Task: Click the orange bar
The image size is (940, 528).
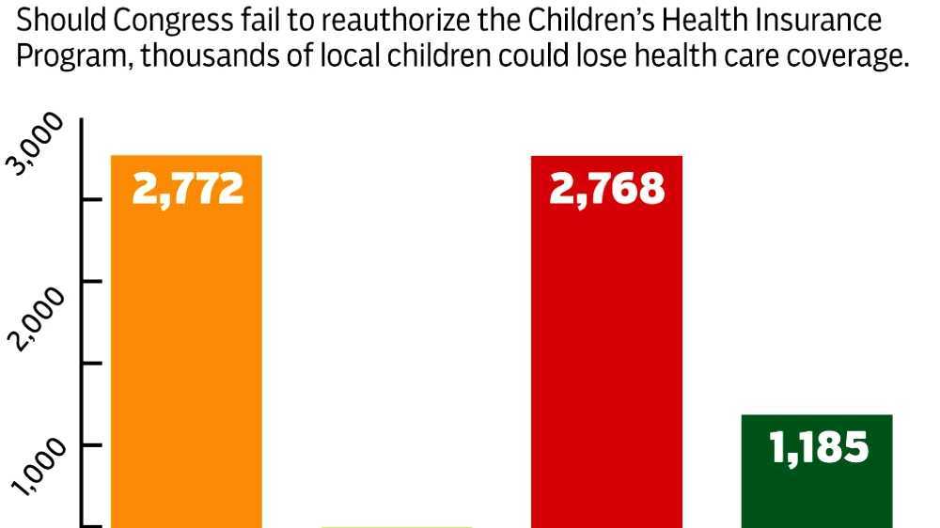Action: point(186,357)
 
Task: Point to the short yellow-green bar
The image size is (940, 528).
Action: point(396,525)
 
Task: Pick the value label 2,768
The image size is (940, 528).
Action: point(607,189)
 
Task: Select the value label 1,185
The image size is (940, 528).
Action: point(818,447)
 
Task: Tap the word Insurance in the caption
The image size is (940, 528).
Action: point(815,21)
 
